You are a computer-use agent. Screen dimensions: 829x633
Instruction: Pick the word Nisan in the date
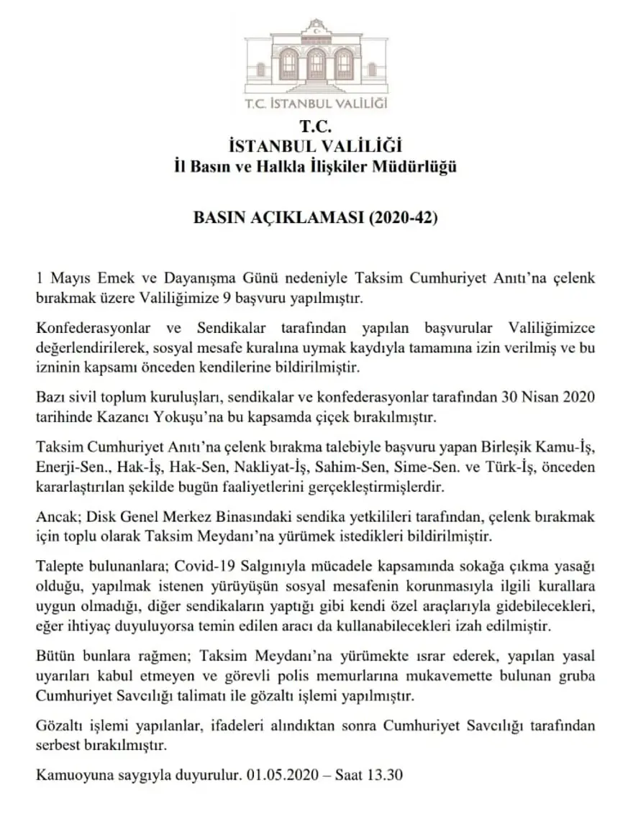click(x=545, y=398)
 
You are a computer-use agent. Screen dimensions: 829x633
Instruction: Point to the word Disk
click(x=91, y=516)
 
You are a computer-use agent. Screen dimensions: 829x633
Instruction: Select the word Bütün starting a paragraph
click(x=55, y=656)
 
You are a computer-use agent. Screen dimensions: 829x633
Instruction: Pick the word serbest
click(x=59, y=746)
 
